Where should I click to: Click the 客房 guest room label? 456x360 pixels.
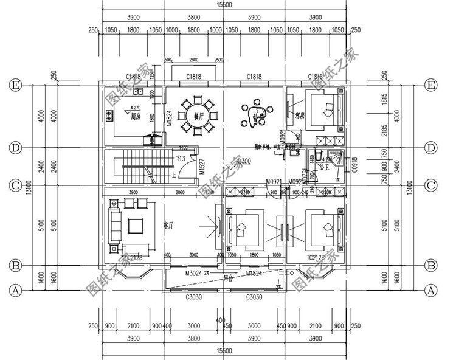click(x=300, y=114)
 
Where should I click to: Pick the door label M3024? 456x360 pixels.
click(x=194, y=274)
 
